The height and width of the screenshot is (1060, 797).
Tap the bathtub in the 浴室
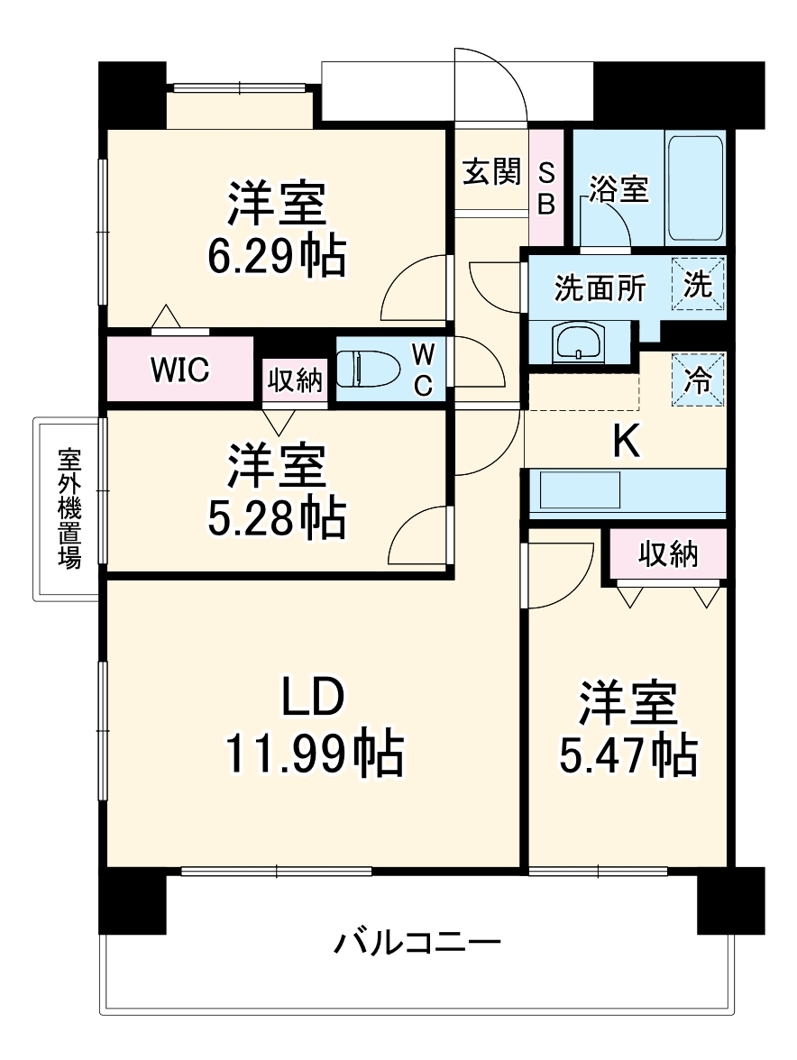click(x=695, y=187)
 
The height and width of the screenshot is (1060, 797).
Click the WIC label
click(x=180, y=369)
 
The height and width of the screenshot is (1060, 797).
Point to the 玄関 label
click(x=492, y=171)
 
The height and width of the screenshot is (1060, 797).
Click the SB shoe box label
click(x=545, y=187)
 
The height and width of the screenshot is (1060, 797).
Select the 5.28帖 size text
click(x=276, y=517)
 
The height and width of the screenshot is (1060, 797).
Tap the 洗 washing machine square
click(x=699, y=285)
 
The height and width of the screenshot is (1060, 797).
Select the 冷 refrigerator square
click(x=699, y=379)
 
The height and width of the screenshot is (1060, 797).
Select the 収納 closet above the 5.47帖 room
click(x=669, y=554)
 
